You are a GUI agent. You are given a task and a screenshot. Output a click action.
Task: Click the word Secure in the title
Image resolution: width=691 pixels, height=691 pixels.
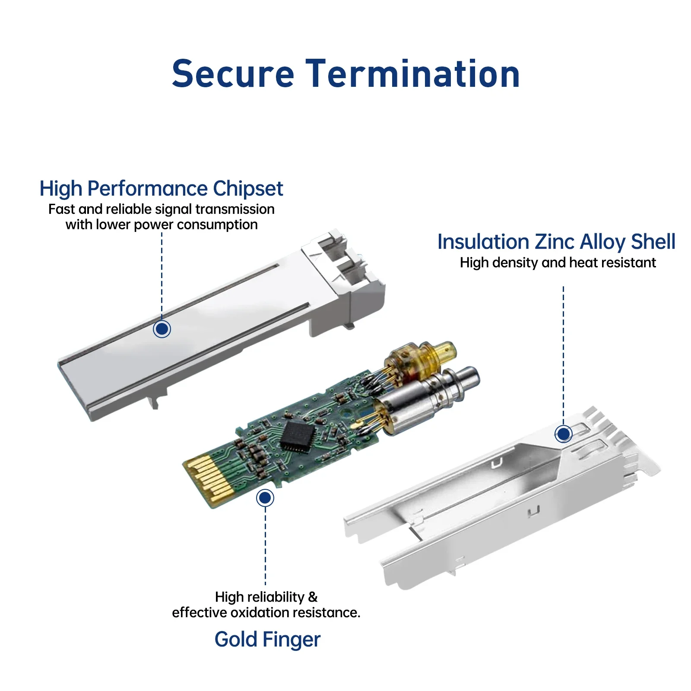[x=233, y=74]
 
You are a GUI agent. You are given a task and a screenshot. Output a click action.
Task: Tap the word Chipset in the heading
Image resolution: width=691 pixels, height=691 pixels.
[x=247, y=189]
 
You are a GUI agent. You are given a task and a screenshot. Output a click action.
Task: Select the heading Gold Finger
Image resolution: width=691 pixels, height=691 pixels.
[x=267, y=640]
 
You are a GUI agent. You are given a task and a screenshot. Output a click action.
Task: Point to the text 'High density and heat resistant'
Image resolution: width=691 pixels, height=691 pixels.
[x=558, y=263]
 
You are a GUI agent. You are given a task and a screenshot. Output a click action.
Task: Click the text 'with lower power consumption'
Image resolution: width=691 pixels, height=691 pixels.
[x=162, y=225]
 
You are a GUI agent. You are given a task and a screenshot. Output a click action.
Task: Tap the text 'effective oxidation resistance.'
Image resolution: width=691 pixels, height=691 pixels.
[x=266, y=612]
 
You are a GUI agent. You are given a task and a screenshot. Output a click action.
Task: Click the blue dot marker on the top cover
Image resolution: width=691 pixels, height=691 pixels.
[x=162, y=329]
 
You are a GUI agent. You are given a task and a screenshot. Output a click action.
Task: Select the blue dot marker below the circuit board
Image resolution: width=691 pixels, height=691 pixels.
[x=265, y=498]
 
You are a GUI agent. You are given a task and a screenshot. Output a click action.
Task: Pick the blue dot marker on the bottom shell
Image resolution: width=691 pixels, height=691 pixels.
[x=563, y=434]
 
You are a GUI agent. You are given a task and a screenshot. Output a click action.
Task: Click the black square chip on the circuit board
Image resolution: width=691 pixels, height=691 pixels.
[x=297, y=437]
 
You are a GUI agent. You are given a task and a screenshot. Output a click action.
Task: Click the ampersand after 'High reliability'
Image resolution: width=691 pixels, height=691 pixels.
[x=312, y=597]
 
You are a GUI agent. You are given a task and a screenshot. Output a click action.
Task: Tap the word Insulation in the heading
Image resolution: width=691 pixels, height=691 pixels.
[x=483, y=242]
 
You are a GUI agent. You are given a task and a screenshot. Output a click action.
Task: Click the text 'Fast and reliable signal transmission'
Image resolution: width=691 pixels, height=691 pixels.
[x=162, y=209]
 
